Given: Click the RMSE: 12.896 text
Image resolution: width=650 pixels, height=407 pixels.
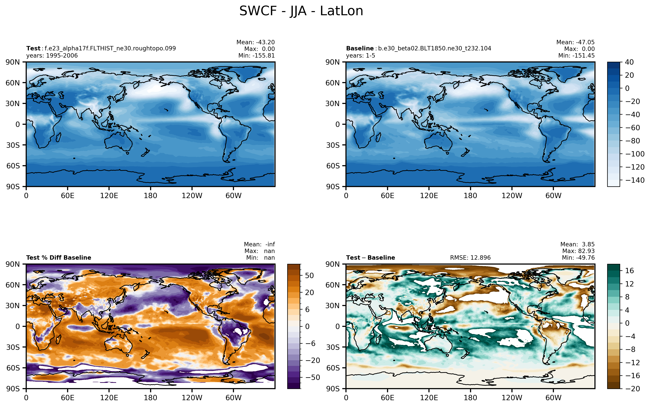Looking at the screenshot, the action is pyautogui.click(x=470, y=258).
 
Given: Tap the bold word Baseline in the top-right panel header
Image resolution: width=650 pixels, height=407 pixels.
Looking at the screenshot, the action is pyautogui.click(x=360, y=48).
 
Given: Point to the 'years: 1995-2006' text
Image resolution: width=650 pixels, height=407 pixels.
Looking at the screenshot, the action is pyautogui.click(x=52, y=56).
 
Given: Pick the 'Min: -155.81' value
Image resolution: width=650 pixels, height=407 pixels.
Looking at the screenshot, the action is pyautogui.click(x=257, y=56).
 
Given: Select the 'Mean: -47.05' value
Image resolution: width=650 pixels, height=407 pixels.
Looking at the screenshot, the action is pyautogui.click(x=575, y=42).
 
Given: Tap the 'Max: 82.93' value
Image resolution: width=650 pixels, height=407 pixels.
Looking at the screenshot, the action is pyautogui.click(x=578, y=251).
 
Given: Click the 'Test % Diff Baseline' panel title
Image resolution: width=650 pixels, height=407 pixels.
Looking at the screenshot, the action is pyautogui.click(x=59, y=258).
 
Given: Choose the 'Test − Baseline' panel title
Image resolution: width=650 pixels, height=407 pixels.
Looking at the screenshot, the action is pyautogui.click(x=370, y=258).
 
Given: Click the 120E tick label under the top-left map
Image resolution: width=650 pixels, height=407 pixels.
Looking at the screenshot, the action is pyautogui.click(x=109, y=196).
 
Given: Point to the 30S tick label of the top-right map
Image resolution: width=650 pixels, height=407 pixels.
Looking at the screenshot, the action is pyautogui.click(x=333, y=145).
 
